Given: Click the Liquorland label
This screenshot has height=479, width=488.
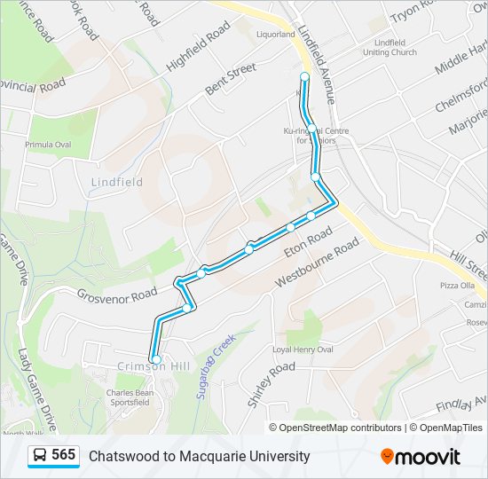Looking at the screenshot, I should [274, 35].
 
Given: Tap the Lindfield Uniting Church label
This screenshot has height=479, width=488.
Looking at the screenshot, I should [390, 47].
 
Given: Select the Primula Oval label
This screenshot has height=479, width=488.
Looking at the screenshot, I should [49, 145].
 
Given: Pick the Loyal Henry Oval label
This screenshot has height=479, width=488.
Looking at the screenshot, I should [303, 349].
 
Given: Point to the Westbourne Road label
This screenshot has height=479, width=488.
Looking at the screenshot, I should [317, 261].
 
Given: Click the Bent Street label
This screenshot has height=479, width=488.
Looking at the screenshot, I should [231, 79].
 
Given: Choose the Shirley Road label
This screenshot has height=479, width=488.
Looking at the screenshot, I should [271, 383].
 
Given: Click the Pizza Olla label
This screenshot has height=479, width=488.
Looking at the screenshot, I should [457, 286].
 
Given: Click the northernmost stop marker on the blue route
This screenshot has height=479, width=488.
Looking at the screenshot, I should [304, 77].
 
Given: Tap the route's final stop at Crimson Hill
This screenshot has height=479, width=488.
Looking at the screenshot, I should [156, 359].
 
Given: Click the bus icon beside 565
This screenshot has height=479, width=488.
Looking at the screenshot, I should [39, 456].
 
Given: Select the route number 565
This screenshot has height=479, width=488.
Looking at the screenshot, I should [64, 455].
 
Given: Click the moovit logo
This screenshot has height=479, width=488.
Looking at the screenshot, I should [421, 457].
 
